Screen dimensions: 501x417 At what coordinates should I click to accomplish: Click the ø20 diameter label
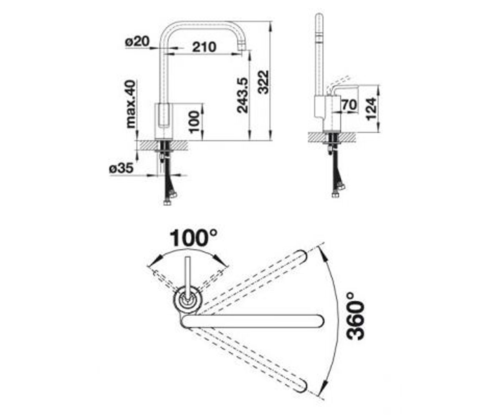click(x=137, y=42)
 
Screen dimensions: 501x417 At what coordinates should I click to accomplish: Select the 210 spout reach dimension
click(x=204, y=47)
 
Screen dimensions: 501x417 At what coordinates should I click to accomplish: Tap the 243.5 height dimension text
click(x=242, y=95)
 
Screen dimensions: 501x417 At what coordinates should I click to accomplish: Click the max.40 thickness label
click(x=131, y=104)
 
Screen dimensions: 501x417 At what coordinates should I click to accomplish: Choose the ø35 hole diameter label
click(x=121, y=169)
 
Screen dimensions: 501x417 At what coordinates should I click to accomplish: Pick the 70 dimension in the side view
click(x=349, y=105)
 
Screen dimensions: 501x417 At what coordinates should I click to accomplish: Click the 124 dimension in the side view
click(x=371, y=108)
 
